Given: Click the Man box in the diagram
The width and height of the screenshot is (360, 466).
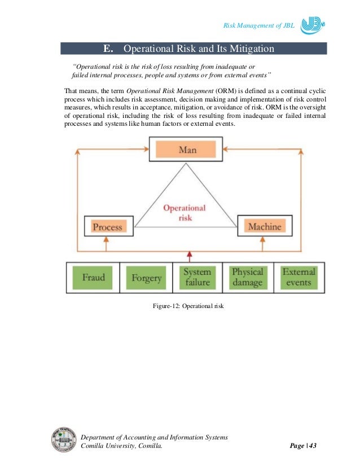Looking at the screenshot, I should (187, 150).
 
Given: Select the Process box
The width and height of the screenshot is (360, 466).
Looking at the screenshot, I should (107, 227).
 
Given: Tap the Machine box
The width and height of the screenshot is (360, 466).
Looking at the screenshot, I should (265, 227).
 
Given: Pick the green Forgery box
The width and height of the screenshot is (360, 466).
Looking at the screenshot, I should (146, 277).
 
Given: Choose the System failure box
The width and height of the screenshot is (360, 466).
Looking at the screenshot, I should (197, 277).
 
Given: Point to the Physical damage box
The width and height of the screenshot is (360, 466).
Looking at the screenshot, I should (247, 277).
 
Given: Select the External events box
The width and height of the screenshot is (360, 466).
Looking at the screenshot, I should (298, 277).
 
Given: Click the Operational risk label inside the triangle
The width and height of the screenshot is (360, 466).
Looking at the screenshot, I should (184, 212).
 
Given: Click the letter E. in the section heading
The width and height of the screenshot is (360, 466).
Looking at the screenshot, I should (109, 49).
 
